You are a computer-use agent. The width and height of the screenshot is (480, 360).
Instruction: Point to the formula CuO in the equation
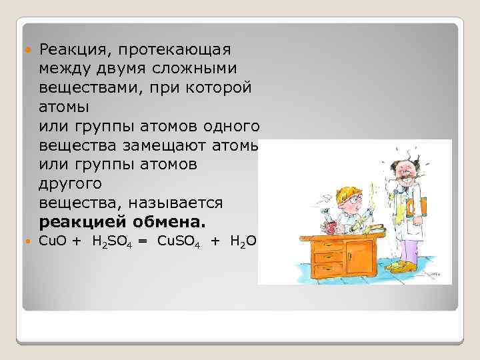click(x=53, y=241)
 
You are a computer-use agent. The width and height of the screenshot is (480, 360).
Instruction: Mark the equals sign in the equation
click(x=143, y=241)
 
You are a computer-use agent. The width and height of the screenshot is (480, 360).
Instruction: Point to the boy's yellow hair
click(x=346, y=194)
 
